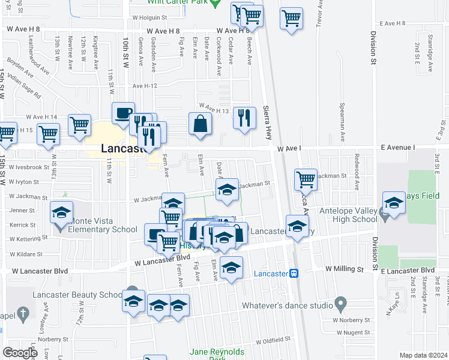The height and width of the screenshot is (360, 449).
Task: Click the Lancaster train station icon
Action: [294, 273]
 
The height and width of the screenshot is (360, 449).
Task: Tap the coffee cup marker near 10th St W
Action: [124, 113]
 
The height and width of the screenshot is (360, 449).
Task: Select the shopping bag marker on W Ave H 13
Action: [200, 124]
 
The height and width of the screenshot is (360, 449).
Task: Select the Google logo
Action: [20, 352]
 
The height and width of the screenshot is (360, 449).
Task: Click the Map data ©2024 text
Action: [423, 355]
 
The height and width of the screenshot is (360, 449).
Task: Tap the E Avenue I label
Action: [397, 148]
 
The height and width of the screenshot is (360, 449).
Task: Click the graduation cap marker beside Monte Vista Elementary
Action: [61, 214]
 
